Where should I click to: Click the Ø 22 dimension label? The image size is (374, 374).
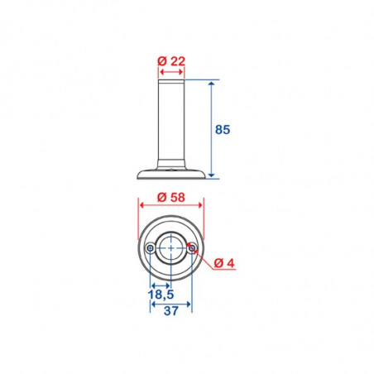coord(171,61)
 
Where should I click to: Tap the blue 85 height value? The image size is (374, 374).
coord(223,129)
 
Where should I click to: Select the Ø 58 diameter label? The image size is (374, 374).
coord(171,198)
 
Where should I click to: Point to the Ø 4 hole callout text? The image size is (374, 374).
coord(224,263)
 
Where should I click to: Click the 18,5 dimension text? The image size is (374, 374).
coord(161,295)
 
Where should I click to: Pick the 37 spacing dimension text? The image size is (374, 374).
coord(171,311)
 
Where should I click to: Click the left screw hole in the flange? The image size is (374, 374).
coord(151,248)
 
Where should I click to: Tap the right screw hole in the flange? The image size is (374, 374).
coord(191,248)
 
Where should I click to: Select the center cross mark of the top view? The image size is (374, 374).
coord(171,248)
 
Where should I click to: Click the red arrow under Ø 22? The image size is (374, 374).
coord(171,72)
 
